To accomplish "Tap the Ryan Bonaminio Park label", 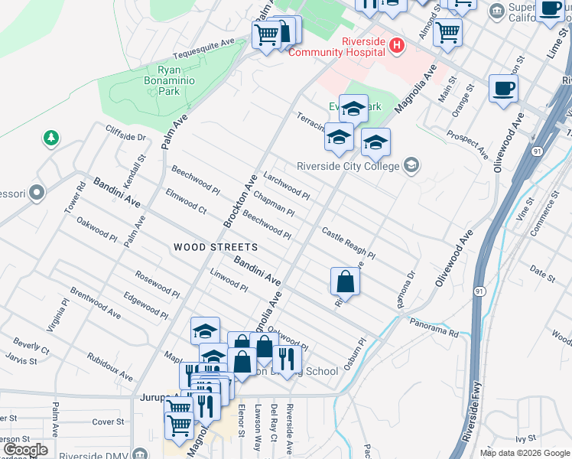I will click(163, 80).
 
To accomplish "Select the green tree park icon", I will click(51, 138).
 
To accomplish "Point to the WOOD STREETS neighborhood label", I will click(215, 247).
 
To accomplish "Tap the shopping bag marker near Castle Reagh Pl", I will click(345, 281).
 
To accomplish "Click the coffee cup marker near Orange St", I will click(503, 88).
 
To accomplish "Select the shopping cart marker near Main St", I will click(447, 32).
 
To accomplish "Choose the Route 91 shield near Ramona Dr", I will click(478, 291).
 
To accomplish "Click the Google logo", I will click(26, 449).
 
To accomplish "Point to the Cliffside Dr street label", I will click(125, 132).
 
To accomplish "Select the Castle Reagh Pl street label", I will click(348, 243).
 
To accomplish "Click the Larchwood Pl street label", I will click(286, 185).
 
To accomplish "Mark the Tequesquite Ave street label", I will click(203, 49).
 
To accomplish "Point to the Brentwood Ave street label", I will click(95, 303).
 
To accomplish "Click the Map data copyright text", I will click(525, 453).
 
